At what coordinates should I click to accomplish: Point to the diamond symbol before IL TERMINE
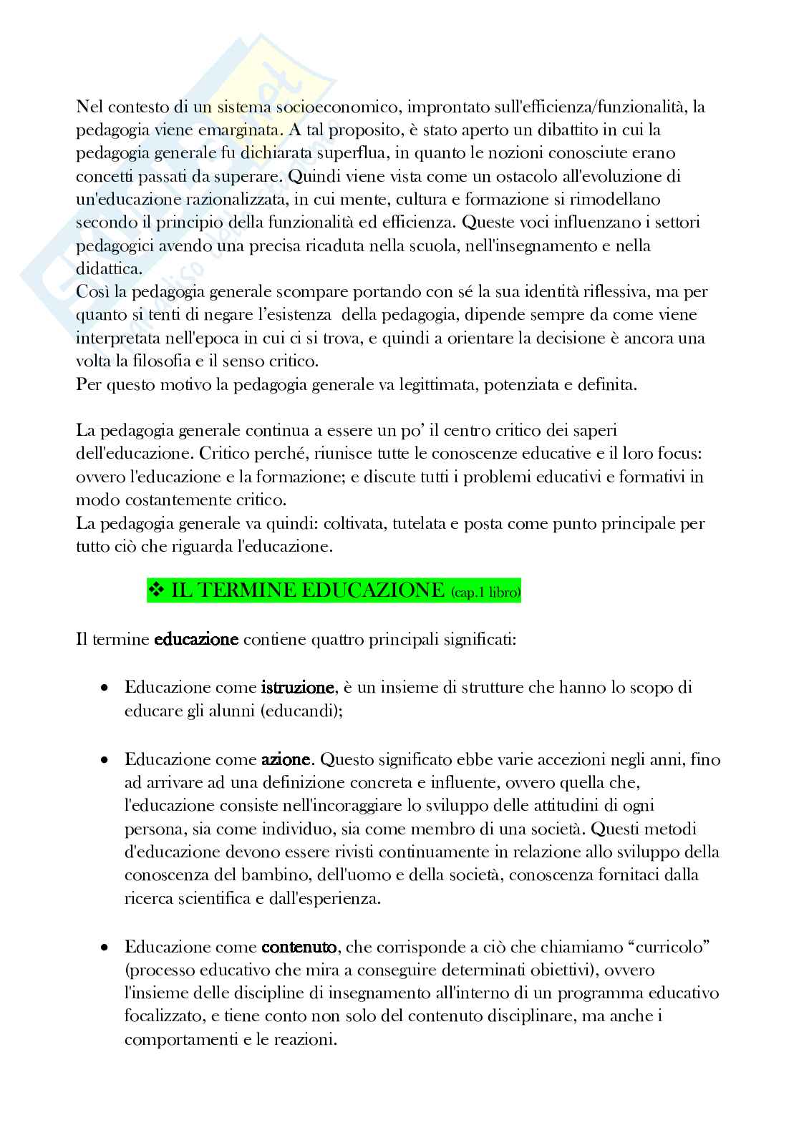click(x=156, y=590)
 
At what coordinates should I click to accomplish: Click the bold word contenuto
click(x=299, y=948)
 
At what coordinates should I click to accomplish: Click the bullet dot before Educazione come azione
click(x=105, y=759)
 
